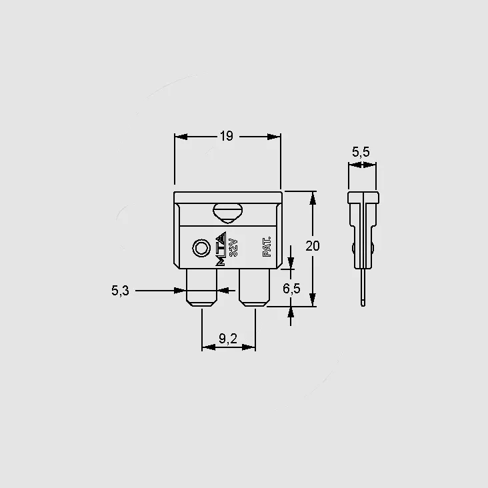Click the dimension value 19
coord(226,136)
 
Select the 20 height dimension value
coord(313,246)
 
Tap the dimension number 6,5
coord(291,289)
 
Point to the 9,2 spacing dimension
coord(228,338)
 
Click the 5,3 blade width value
coord(120,291)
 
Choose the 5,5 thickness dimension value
coord(361,152)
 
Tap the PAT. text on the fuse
coord(267,247)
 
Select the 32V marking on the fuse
coord(233,247)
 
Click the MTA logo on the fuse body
coord(221,249)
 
